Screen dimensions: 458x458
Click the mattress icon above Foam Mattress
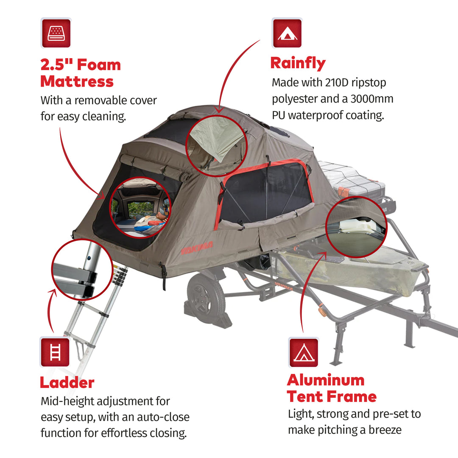click(56, 33)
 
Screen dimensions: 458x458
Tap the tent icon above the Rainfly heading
click(287, 33)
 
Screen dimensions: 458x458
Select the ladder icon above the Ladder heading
click(55, 352)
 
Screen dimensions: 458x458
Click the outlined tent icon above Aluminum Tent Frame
click(304, 352)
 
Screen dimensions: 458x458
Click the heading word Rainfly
click(298, 63)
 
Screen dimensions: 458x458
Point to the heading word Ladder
click(67, 383)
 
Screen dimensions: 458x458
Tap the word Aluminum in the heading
click(325, 380)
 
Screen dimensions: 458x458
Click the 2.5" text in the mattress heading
click(56, 65)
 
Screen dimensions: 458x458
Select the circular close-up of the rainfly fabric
click(216, 145)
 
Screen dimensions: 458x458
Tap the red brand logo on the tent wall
click(197, 249)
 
